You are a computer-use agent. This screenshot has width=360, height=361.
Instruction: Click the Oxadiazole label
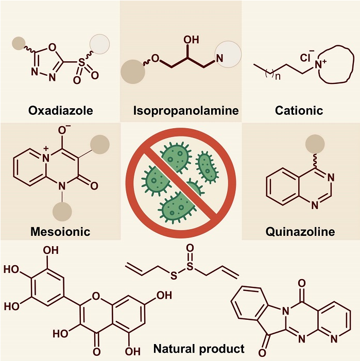tap(60, 110)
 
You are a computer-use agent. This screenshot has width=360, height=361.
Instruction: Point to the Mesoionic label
tap(60, 231)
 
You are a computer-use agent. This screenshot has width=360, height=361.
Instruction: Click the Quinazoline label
tap(300, 231)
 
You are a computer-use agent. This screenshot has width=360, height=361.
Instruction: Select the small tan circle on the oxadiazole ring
tap(19, 43)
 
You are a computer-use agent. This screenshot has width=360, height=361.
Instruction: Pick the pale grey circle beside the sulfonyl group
tap(100, 44)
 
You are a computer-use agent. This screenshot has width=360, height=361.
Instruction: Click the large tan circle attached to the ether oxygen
tap(132, 71)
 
